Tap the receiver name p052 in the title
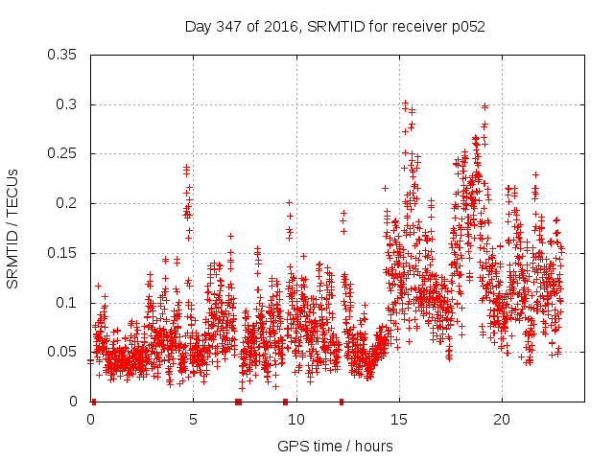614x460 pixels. [x=465, y=27]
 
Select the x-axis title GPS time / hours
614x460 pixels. [x=335, y=446]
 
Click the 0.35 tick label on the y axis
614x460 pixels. [x=62, y=55]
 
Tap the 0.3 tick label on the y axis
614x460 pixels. [x=66, y=104]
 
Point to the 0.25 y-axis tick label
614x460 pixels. [x=62, y=153]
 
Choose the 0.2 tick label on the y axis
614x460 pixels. [x=66, y=203]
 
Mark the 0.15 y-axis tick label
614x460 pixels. [x=62, y=253]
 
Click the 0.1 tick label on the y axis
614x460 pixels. [x=66, y=303]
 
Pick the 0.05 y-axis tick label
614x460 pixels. [x=62, y=352]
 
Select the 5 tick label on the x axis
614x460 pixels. [x=193, y=420]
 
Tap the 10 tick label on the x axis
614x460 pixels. [x=295, y=420]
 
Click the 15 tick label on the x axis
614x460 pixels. [x=398, y=420]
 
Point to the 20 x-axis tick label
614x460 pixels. [x=501, y=420]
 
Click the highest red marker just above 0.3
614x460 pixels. [x=405, y=103]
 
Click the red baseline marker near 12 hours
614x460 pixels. [x=342, y=402]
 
